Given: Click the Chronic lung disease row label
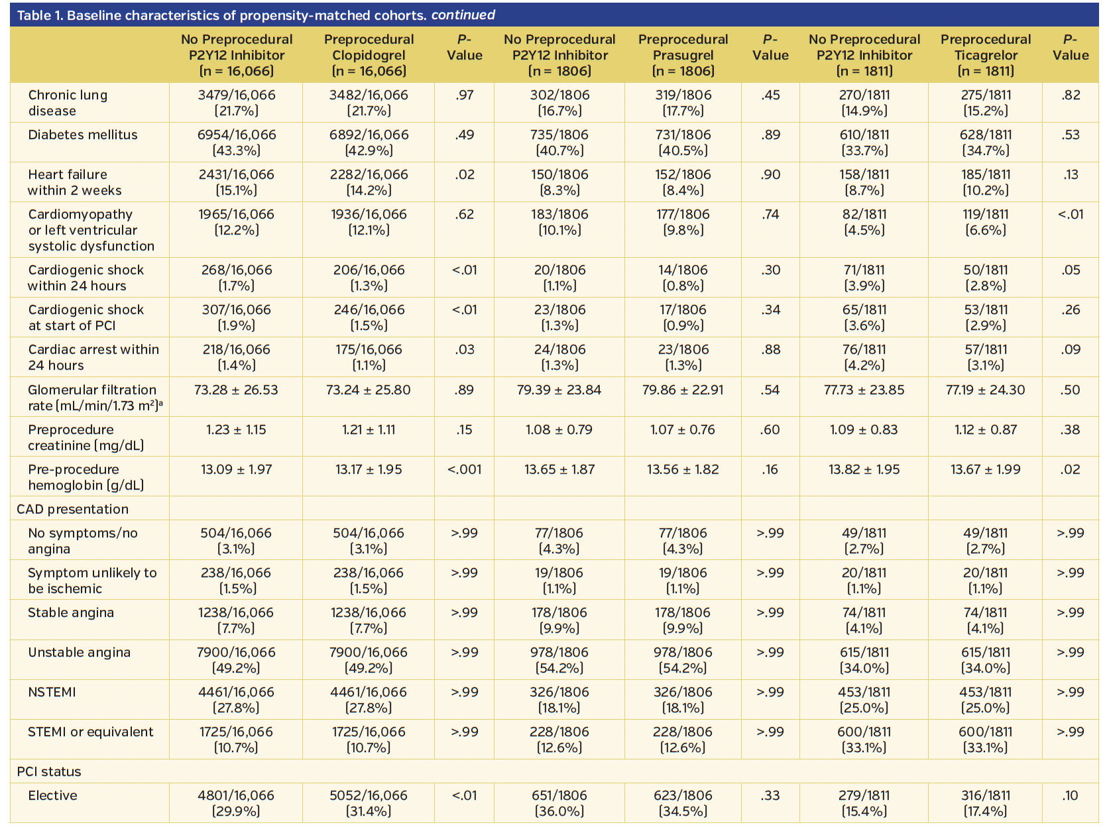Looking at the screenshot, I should coord(68,103).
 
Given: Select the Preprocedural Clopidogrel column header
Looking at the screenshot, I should coord(369,55).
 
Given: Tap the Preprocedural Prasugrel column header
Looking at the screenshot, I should coord(683,55).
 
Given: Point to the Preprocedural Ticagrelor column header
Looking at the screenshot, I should coord(986,55).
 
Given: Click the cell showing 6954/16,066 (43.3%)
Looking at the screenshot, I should coord(237,142).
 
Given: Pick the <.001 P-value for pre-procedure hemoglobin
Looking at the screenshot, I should coord(464,469).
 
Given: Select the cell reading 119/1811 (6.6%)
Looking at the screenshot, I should coord(985,222).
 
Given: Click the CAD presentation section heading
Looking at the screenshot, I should coord(73,509).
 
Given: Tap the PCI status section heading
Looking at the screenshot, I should coord(49,771).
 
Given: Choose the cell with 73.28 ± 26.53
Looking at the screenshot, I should coord(236,390).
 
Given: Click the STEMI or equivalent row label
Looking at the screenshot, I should coord(90,732).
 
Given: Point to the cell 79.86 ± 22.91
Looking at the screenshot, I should coord(683,390).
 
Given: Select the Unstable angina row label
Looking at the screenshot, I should coord(79,652).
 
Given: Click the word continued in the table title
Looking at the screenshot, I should coord(463,15).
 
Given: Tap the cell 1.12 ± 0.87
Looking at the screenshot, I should coord(985,429).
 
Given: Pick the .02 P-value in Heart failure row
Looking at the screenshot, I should coord(464,174).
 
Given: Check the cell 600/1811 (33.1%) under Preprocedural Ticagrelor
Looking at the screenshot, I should coord(985,740).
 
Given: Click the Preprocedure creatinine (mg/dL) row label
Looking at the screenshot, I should coord(86,437).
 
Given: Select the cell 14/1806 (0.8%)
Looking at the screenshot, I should coord(683,278).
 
